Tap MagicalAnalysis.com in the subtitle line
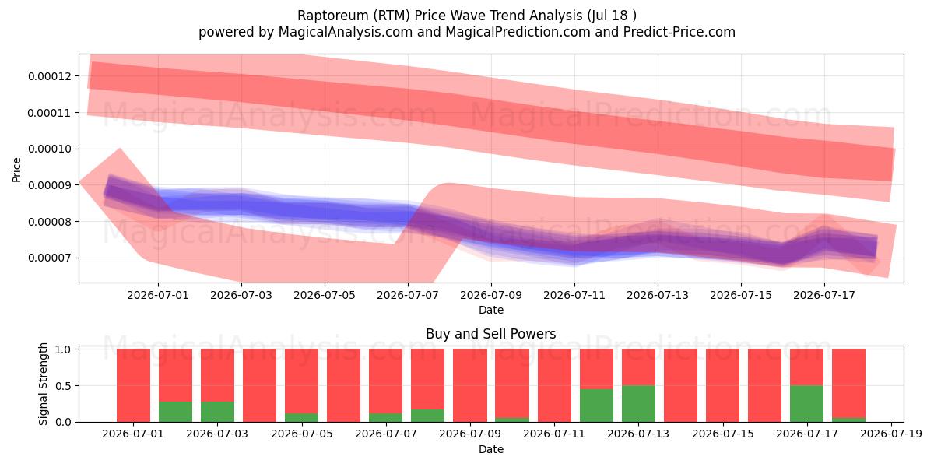[346, 32]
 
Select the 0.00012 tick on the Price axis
[49, 76]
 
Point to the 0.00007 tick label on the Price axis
[49, 258]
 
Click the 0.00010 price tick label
[49, 149]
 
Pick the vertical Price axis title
[16, 170]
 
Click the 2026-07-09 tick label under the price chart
[491, 295]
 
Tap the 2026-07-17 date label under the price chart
[824, 295]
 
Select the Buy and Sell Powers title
[491, 334]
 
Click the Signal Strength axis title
[43, 384]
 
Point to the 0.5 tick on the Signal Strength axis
[63, 386]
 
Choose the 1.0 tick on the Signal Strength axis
[63, 349]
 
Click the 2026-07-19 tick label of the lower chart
[891, 434]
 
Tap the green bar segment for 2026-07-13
[638, 404]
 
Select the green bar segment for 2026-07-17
[807, 404]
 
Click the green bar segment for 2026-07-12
[596, 406]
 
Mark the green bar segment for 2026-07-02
[176, 412]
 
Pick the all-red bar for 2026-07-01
[133, 385]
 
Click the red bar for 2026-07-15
[722, 385]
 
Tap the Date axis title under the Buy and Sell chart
[491, 449]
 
